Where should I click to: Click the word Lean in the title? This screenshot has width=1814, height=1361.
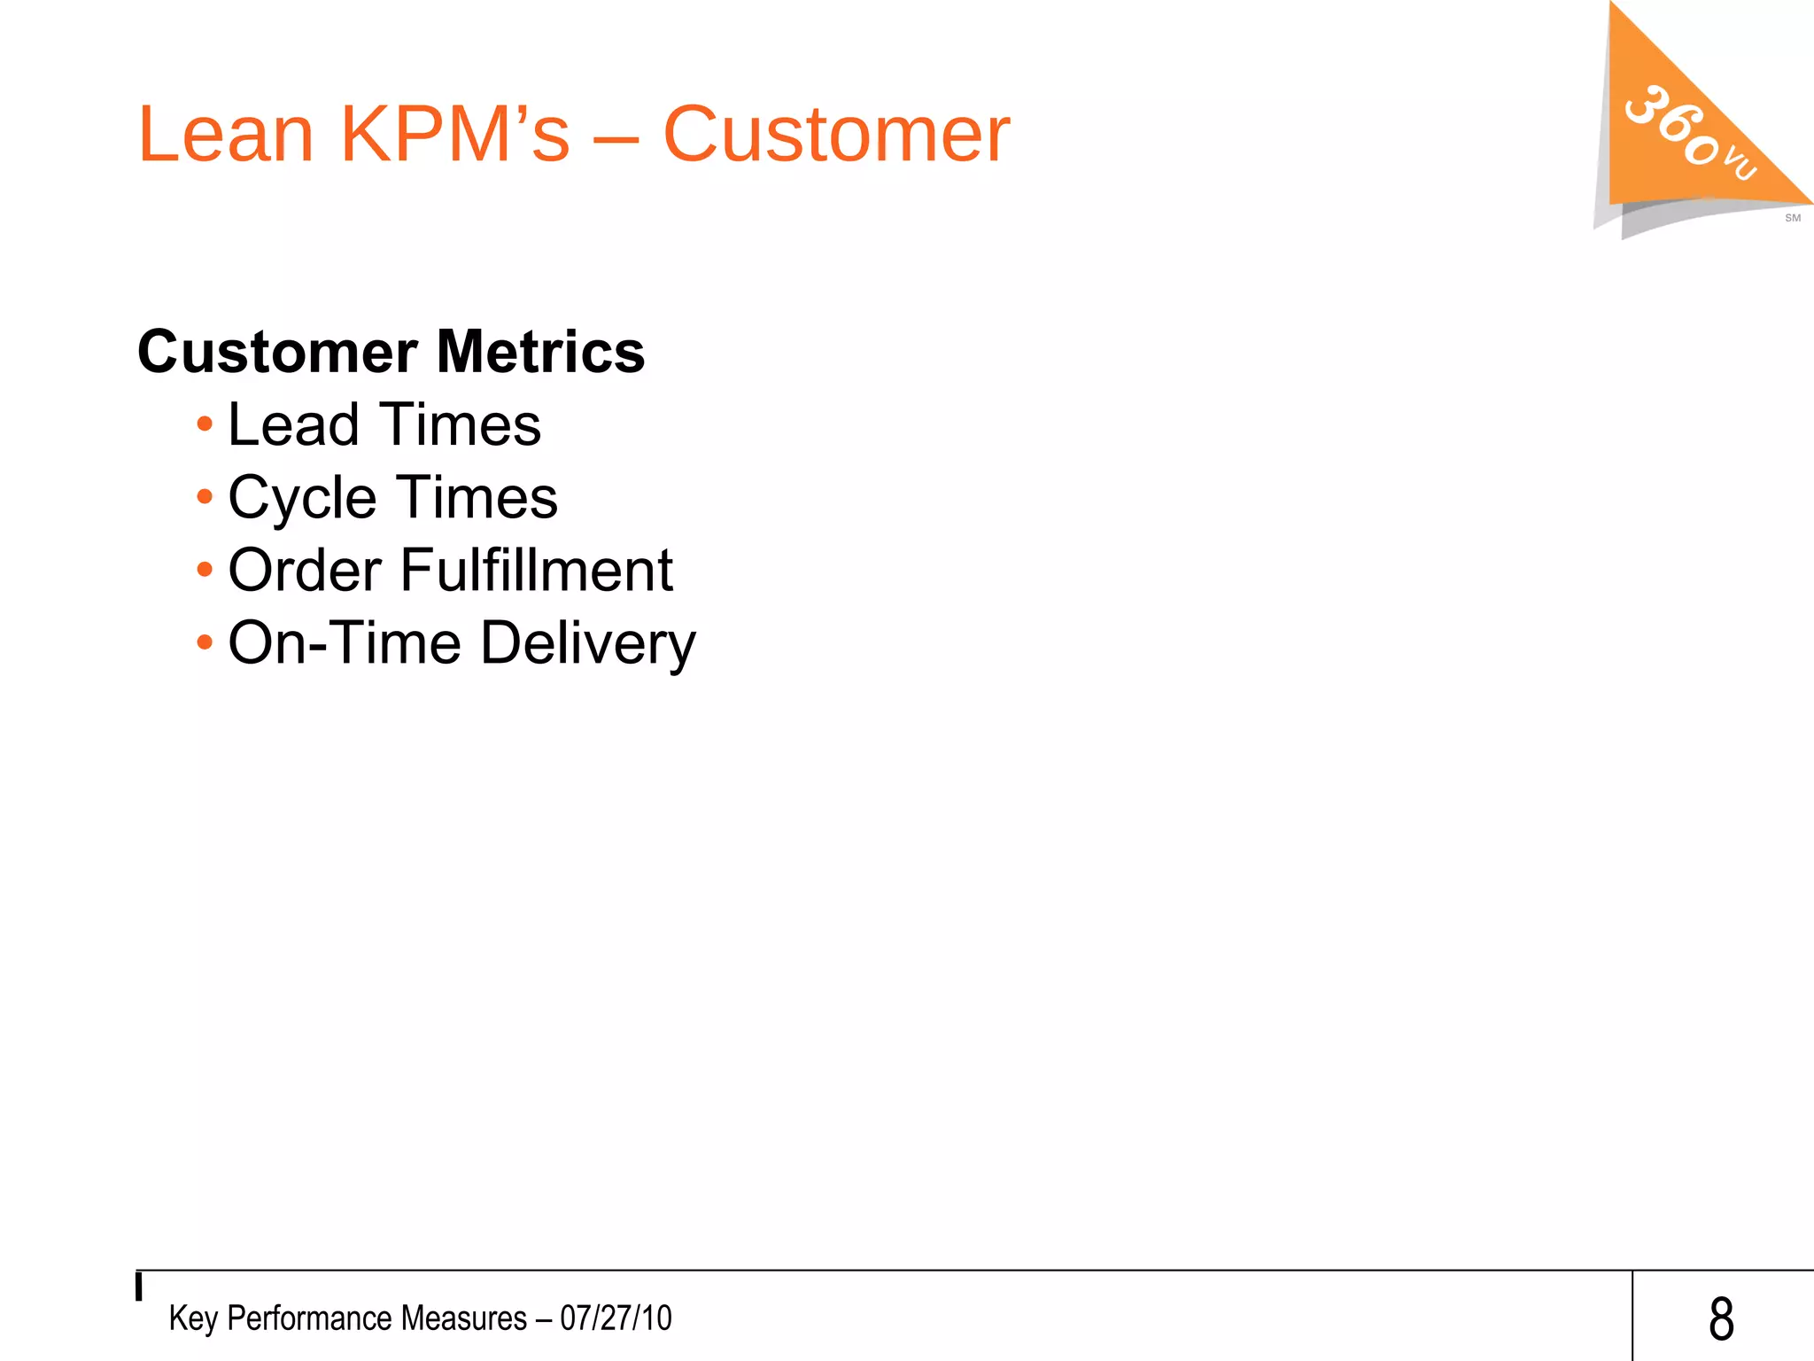pos(226,135)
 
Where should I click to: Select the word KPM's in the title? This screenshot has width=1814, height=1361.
pos(454,135)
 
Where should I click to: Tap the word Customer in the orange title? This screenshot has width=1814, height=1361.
pos(835,135)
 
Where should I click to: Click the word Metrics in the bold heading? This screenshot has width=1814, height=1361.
pos(540,352)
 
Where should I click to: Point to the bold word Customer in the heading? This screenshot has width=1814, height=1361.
pos(277,352)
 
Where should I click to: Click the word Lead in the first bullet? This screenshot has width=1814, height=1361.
pos(293,424)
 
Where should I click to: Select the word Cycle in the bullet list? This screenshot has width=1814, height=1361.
pos(302,498)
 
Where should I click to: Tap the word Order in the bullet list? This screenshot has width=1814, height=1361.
pos(305,570)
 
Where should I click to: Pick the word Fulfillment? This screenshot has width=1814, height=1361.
pos(537,570)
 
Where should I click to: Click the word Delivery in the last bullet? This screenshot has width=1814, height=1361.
pos(588,643)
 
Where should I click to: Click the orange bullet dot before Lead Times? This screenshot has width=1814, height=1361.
pos(205,424)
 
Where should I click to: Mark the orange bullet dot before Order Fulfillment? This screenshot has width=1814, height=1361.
pos(205,570)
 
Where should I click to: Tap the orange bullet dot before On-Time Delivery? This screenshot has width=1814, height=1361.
pos(205,642)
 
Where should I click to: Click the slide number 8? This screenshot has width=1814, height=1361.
pos(1721,1318)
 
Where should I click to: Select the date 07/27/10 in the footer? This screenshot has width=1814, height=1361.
pos(616,1318)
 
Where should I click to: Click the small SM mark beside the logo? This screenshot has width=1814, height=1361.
pos(1792,218)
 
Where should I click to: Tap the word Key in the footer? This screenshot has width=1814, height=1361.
pos(193,1318)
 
